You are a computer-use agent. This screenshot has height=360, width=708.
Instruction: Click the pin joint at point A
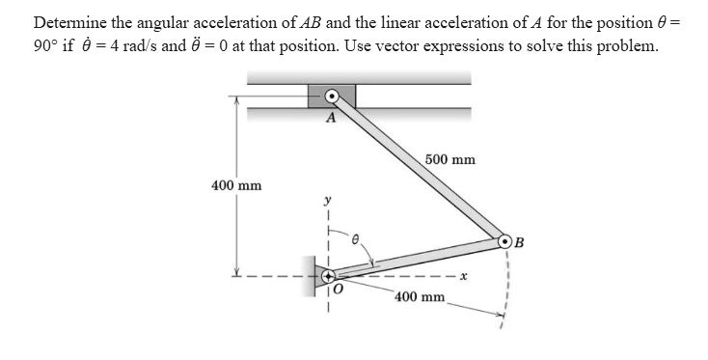[x=332, y=96]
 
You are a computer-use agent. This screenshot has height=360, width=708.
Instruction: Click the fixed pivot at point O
[x=328, y=275]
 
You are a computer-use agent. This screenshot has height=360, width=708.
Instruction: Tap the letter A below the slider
[x=332, y=118]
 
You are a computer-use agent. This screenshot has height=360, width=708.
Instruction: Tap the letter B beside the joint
[x=519, y=242]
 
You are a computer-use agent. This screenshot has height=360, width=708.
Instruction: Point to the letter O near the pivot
[x=339, y=290]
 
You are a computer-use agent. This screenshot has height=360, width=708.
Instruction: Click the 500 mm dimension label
[x=450, y=159]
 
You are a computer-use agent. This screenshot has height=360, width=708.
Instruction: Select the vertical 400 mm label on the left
[x=236, y=185]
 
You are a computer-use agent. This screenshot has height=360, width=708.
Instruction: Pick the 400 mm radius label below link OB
[x=420, y=296]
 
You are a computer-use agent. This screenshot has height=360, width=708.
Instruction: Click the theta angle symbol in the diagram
[x=355, y=240]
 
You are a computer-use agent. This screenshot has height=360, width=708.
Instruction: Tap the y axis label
[x=328, y=199]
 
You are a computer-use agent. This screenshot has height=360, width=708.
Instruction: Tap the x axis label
[x=463, y=275]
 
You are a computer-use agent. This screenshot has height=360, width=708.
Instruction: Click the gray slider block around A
[x=332, y=96]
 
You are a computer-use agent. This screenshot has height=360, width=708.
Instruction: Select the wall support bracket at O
[x=315, y=275]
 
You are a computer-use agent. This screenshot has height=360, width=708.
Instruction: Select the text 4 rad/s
[x=131, y=45]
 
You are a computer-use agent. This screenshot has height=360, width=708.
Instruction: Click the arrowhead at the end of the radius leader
[x=501, y=314]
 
